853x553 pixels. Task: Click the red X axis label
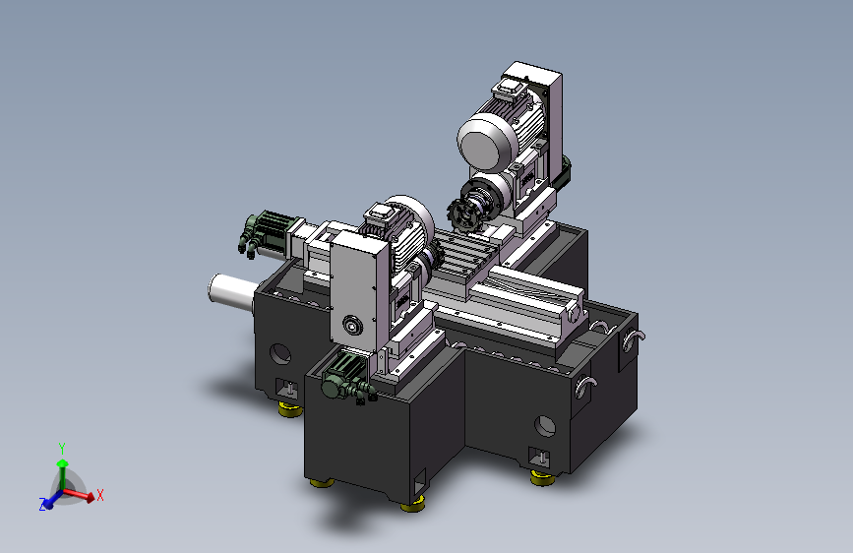(100, 495)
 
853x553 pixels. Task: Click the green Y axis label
(62, 449)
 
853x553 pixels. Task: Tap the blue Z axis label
(42, 505)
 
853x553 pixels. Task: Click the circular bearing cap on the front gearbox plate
(352, 326)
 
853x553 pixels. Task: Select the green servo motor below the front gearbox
(344, 378)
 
